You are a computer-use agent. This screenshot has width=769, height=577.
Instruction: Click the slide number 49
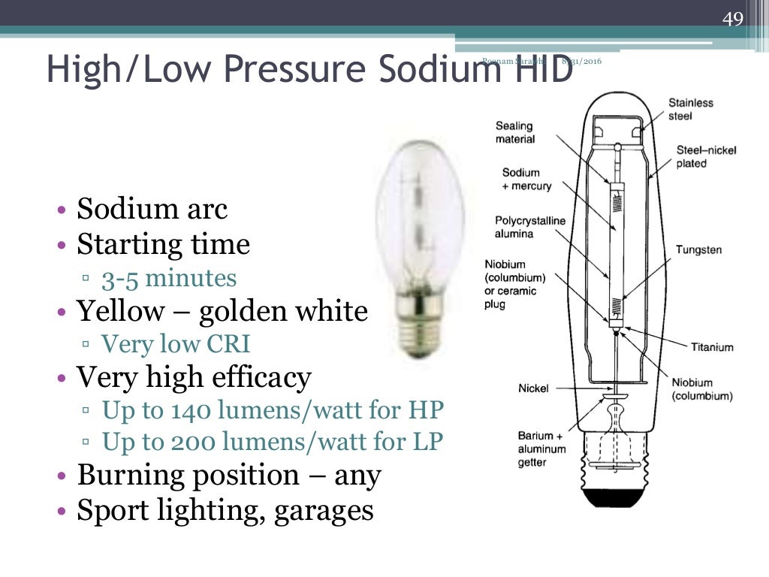pyautogui.click(x=732, y=19)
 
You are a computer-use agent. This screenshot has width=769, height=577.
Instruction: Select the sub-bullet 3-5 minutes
pyautogui.click(x=169, y=279)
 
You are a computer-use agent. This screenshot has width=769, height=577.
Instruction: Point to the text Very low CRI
pyautogui.click(x=176, y=344)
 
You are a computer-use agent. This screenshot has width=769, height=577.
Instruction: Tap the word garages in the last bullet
pyautogui.click(x=324, y=510)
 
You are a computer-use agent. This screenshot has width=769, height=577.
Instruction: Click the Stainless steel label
pyautogui.click(x=691, y=109)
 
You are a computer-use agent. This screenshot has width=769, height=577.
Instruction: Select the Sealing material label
pyautogui.click(x=515, y=133)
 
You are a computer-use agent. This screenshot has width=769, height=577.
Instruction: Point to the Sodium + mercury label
pyautogui.click(x=526, y=180)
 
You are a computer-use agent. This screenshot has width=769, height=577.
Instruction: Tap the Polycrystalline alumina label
pyautogui.click(x=530, y=227)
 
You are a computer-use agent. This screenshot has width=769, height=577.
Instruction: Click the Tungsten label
pyautogui.click(x=698, y=249)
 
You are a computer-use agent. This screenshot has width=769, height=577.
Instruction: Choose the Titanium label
pyautogui.click(x=712, y=348)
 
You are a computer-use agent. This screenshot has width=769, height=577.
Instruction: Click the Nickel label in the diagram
pyautogui.click(x=533, y=388)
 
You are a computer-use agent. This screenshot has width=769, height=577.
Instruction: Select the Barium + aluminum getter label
pyautogui.click(x=540, y=449)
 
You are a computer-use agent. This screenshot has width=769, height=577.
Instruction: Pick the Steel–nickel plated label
pyautogui.click(x=706, y=156)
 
